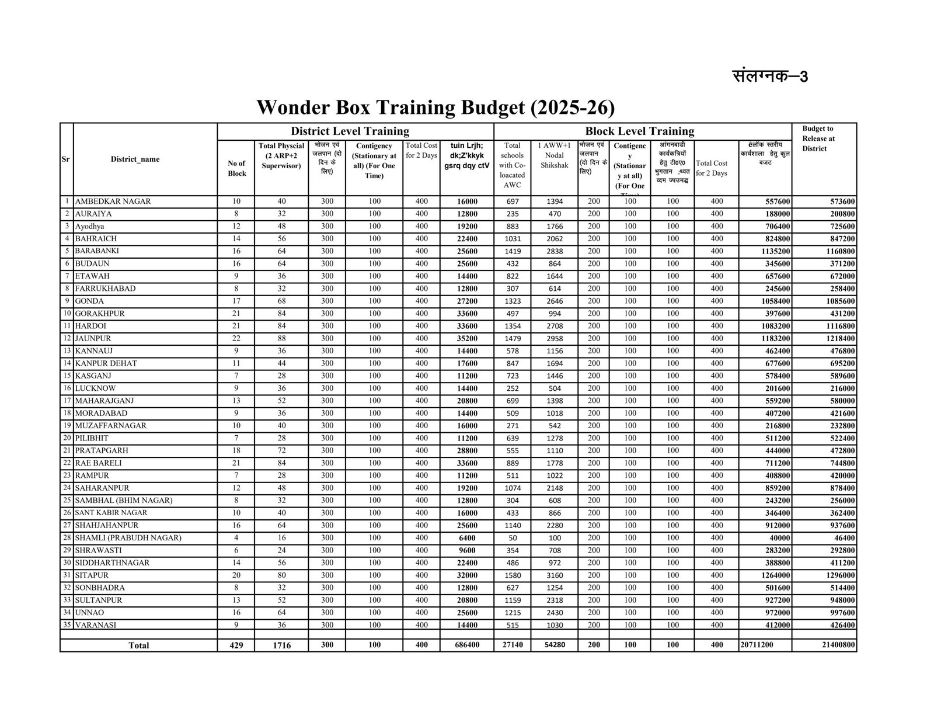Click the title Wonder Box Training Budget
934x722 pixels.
coord(435,107)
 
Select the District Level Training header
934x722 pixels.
coord(350,131)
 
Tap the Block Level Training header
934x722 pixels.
coord(640,131)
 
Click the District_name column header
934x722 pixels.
coord(135,159)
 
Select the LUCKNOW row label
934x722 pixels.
coord(95,388)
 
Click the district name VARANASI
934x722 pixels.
coord(96,625)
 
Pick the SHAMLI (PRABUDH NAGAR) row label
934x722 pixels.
coord(128,537)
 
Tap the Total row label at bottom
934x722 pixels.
coord(138,645)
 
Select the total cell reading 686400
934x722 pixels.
coord(466,645)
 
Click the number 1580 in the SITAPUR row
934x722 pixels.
coord(512,575)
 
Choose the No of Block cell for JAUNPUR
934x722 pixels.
coord(236,338)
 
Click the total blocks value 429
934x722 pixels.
coord(236,645)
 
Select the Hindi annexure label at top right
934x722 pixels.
coord(770,76)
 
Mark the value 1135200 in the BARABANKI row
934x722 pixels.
coord(773,251)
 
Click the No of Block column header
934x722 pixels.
coord(236,168)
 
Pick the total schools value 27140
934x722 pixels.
coord(512,645)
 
